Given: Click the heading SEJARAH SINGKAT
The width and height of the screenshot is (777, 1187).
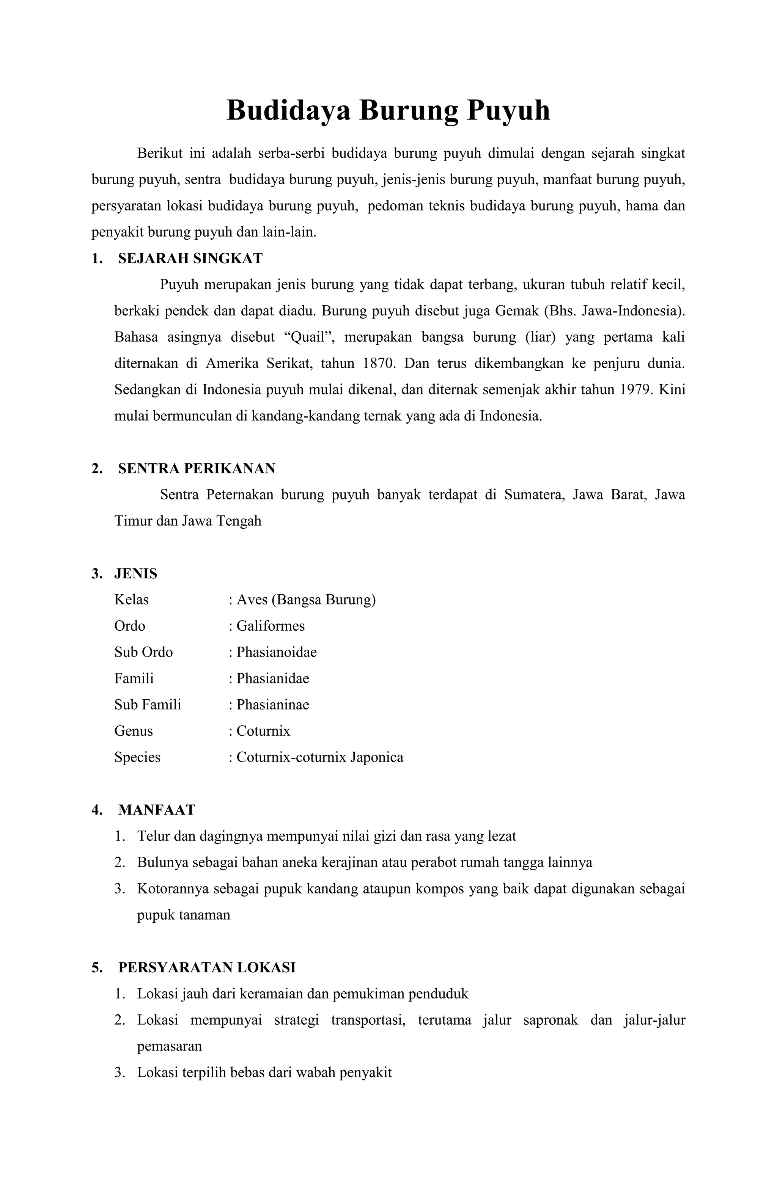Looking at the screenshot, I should pos(190,258).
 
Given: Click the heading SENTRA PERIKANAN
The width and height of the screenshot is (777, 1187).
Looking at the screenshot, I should pos(197,468).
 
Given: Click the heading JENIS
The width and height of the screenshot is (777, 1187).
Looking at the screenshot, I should pos(136,573).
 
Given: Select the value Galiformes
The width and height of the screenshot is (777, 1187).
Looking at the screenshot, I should pos(270,626).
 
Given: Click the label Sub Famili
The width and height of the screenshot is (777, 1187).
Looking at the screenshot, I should pos(148,705).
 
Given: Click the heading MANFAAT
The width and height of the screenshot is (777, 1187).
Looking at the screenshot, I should pos(156,810).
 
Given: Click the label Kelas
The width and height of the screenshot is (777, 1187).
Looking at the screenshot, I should pos(131,600).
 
